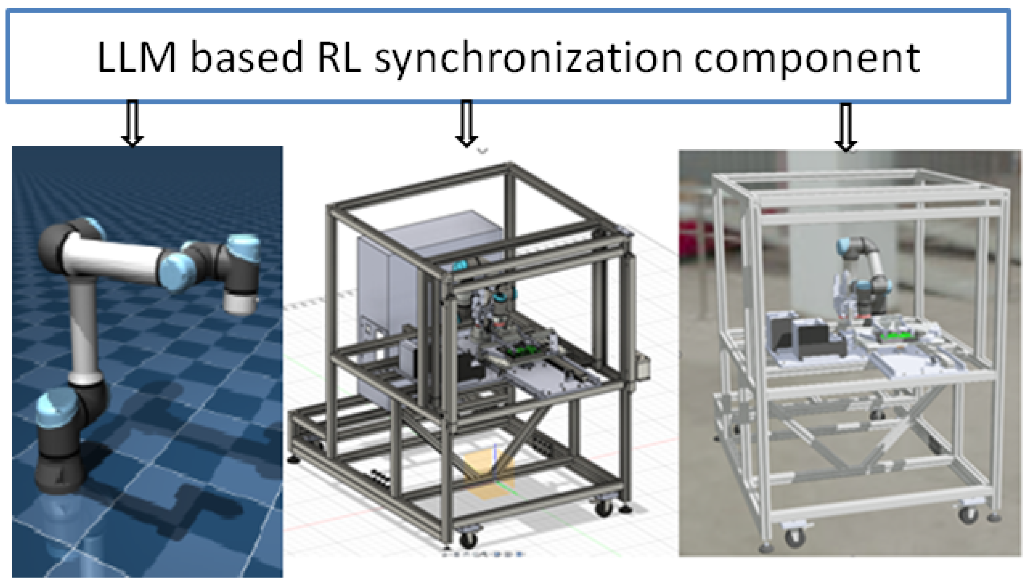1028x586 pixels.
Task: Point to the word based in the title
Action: point(246,58)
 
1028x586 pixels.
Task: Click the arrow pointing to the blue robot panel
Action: point(132,123)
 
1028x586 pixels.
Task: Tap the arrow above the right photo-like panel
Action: point(846,127)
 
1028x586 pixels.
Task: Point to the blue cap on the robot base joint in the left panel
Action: point(56,406)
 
